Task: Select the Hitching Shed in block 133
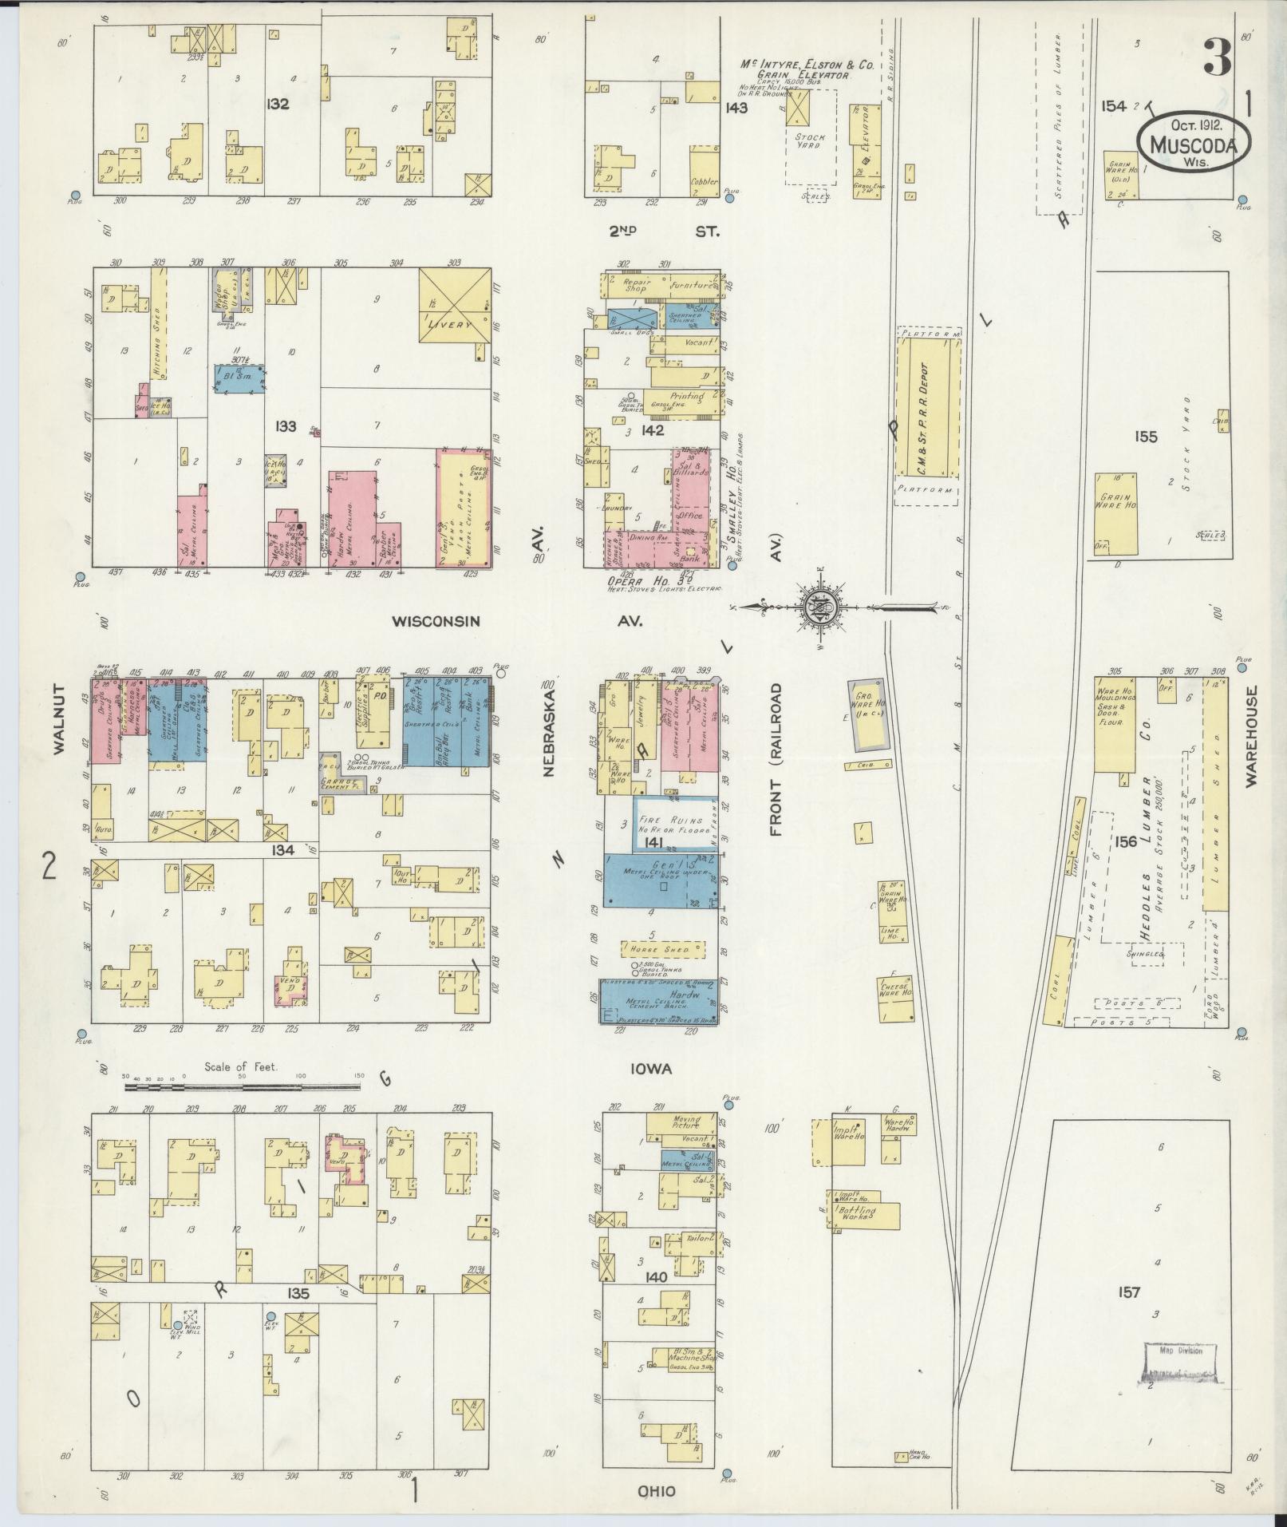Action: (158, 335)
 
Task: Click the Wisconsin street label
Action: (436, 621)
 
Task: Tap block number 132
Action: (278, 105)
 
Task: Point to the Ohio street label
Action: (657, 1491)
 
